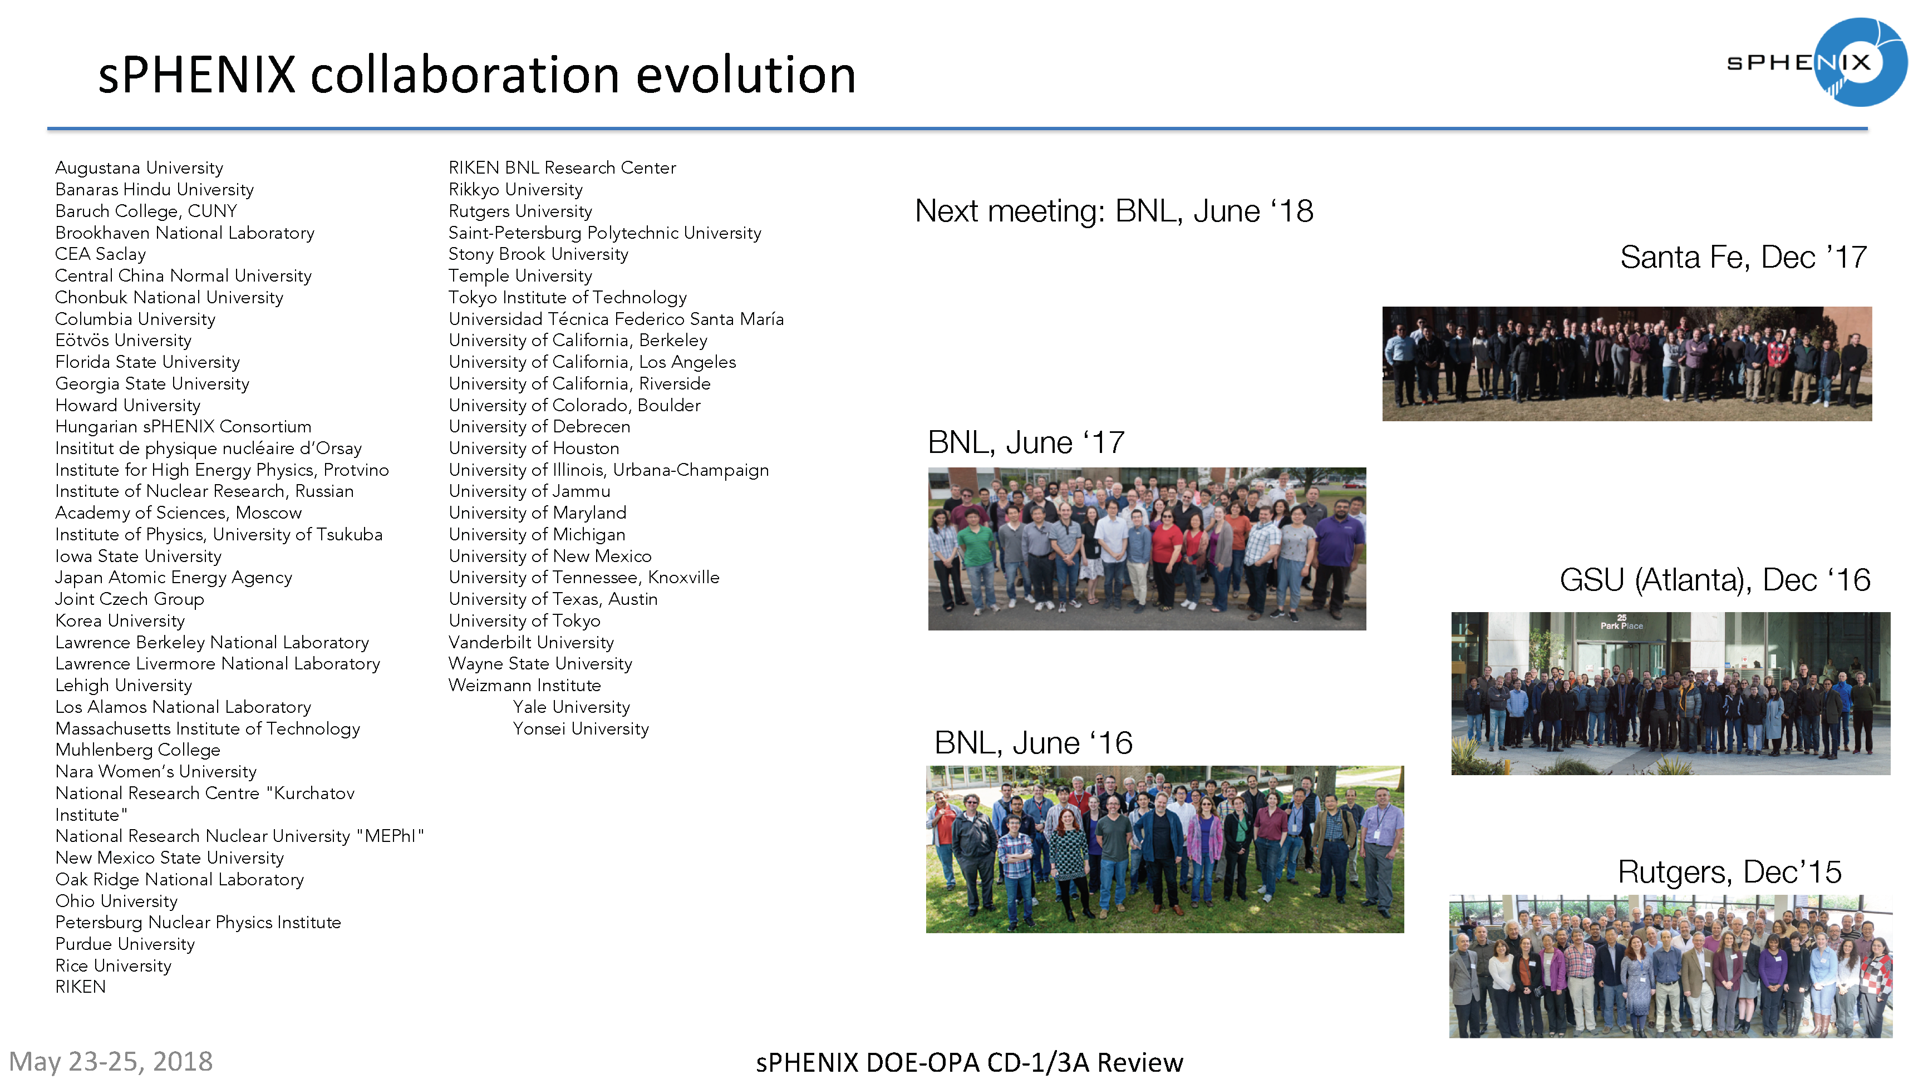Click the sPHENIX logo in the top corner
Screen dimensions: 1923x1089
(1818, 62)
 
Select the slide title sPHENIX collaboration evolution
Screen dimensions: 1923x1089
(476, 76)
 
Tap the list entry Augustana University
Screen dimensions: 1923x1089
(139, 167)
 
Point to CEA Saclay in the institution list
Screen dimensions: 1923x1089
(100, 254)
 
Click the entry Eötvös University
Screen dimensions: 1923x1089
(124, 341)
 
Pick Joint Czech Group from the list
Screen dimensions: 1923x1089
(129, 599)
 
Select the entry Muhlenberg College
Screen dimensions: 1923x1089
(137, 750)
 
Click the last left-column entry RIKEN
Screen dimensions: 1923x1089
(81, 987)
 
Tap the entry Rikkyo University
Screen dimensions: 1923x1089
(515, 189)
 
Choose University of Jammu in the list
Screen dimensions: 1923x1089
(529, 491)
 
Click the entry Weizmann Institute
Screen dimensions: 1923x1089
(524, 685)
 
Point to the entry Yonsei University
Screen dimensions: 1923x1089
(581, 728)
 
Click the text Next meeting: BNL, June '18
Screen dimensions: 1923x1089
(1114, 211)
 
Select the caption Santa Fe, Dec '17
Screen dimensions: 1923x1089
(1743, 257)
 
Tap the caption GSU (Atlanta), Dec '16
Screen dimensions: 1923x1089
(1714, 580)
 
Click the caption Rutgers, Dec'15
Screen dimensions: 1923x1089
(1729, 872)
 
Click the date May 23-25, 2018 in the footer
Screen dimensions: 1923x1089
(111, 1061)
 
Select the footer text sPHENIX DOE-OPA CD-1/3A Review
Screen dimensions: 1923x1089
(970, 1062)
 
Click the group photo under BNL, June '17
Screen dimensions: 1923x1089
(1147, 549)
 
